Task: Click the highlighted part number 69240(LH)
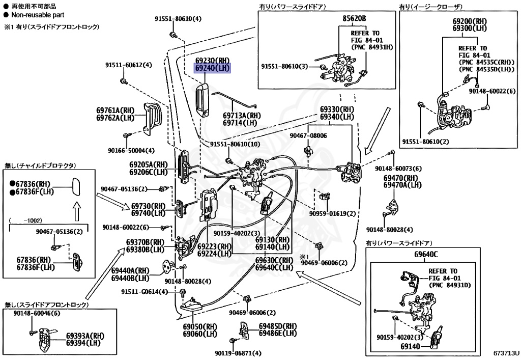pyautogui.click(x=213, y=68)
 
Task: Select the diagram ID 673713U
pyautogui.click(x=505, y=352)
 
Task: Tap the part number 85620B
pyautogui.click(x=354, y=18)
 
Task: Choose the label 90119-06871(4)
pyautogui.click(x=238, y=353)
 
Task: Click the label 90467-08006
pyautogui.click(x=308, y=135)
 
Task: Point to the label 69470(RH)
pyautogui.click(x=400, y=178)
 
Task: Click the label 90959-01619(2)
pyautogui.click(x=333, y=213)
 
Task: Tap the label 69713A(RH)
pyautogui.click(x=242, y=115)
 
